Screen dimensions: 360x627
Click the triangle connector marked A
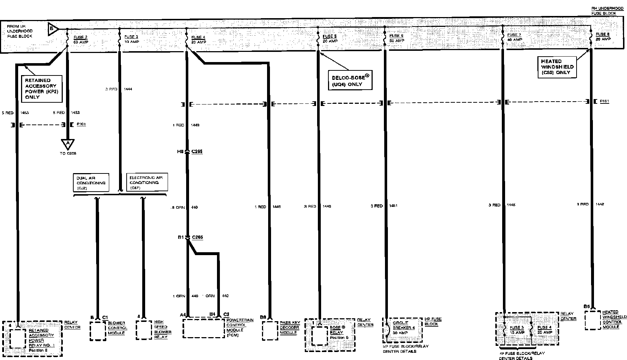pos(67,144)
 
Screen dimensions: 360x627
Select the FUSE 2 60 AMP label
pos(81,40)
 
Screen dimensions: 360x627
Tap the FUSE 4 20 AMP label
pos(198,40)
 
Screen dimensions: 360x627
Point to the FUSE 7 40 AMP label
pos(515,37)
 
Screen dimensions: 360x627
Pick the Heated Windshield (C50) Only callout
pos(557,67)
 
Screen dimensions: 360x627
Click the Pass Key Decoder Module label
pos(289,328)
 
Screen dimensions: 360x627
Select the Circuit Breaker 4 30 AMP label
pos(403,328)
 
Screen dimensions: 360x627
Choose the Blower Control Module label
pos(117,328)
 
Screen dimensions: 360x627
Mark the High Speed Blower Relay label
pos(162,330)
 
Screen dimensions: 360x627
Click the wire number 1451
pos(393,206)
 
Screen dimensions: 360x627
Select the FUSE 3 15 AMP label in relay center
pos(517,330)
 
